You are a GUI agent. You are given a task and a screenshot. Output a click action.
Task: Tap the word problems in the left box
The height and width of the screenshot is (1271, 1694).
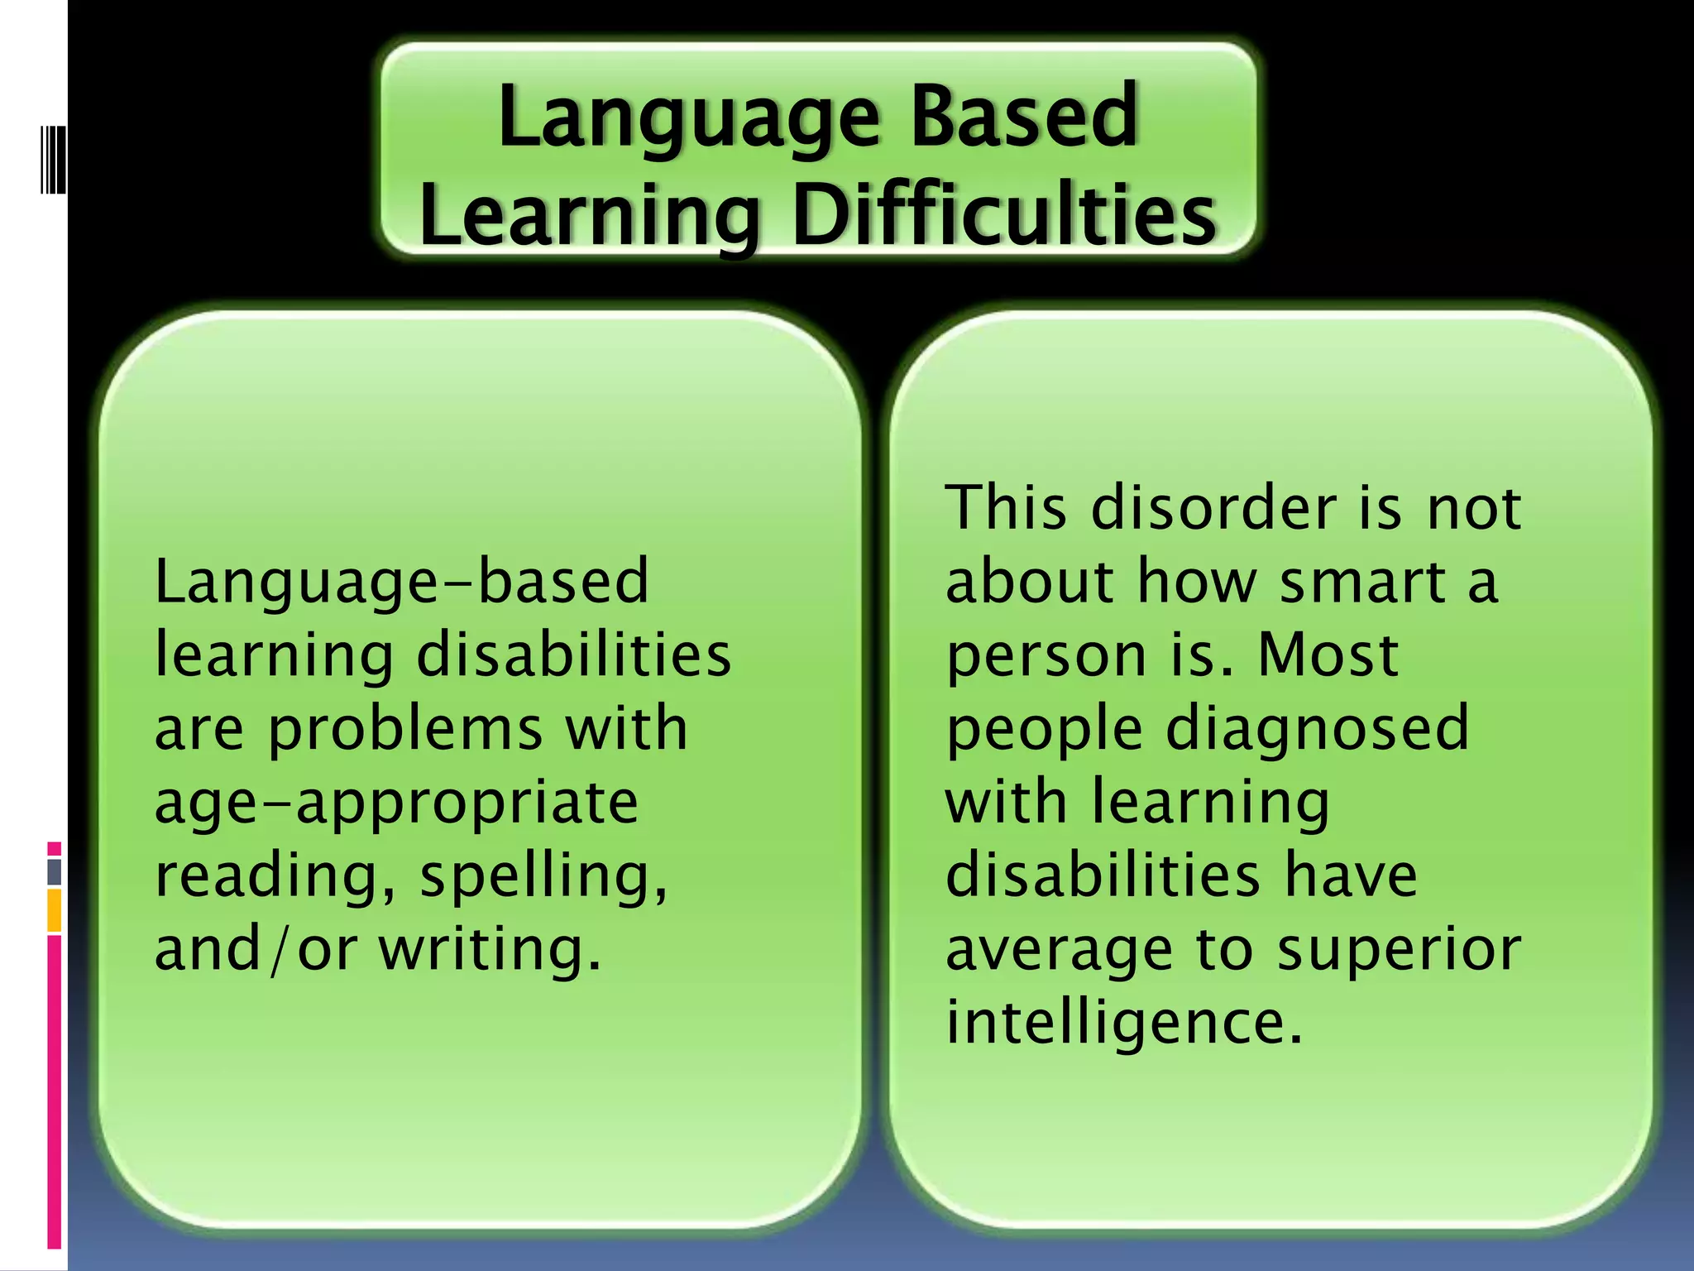pyautogui.click(x=405, y=730)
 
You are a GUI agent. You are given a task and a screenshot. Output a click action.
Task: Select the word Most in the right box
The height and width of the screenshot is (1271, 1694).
pyautogui.click(x=1328, y=655)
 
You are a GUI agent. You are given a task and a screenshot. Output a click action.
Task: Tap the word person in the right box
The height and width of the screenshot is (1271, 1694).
pyautogui.click(x=1046, y=656)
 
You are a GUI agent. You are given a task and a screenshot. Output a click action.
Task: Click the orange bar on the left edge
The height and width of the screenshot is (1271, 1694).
pyautogui.click(x=54, y=910)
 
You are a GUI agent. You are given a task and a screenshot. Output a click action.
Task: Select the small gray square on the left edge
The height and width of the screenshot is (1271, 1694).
pyautogui.click(x=54, y=871)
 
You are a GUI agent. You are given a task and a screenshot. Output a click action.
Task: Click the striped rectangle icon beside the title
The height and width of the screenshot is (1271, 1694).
pyautogui.click(x=53, y=159)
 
